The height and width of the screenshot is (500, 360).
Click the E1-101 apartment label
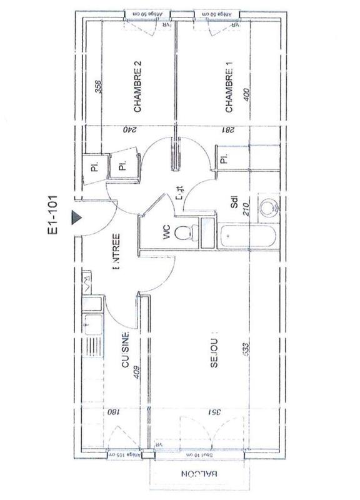click(x=55, y=215)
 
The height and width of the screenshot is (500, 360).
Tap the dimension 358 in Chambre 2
click(x=97, y=87)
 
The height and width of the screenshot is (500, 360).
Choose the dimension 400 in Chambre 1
click(x=247, y=97)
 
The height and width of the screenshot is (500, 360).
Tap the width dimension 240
click(x=129, y=130)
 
